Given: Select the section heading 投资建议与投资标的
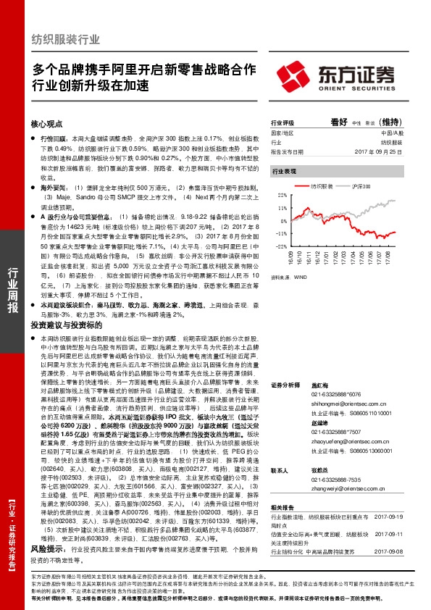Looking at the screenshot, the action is pos(63,327).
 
